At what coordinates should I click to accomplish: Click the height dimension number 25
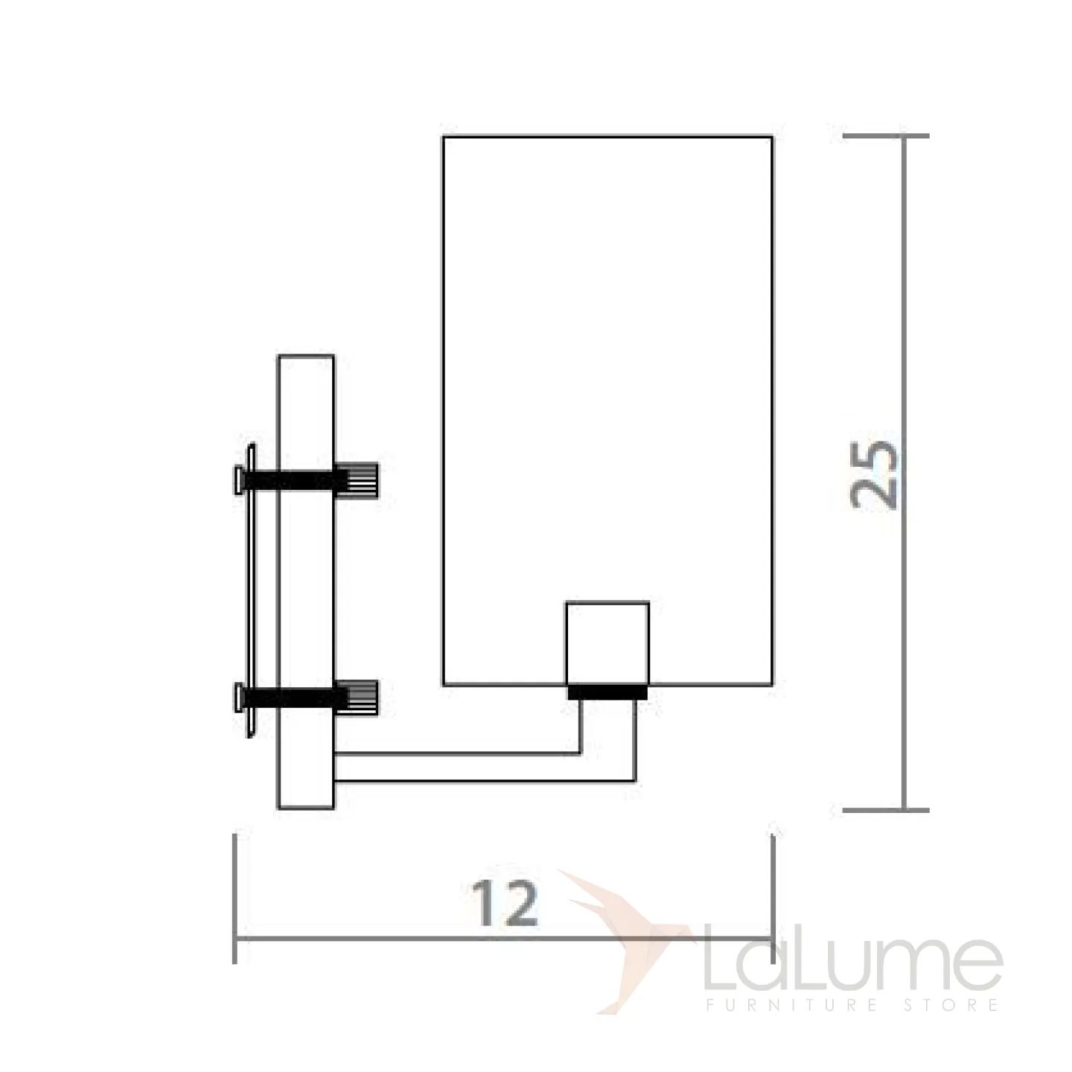[874, 474]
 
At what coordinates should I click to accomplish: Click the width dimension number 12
[505, 903]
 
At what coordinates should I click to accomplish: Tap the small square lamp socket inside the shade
[607, 643]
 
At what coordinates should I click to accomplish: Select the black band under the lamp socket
[607, 692]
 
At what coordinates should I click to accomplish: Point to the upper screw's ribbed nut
[357, 479]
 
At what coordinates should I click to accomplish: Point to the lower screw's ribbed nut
[357, 697]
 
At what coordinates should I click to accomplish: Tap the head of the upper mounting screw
[239, 480]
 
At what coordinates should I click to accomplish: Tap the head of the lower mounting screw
[239, 698]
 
